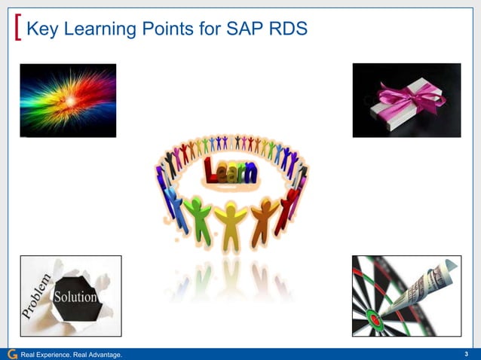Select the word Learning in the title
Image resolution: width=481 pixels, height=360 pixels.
97,29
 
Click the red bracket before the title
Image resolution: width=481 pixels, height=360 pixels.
17,29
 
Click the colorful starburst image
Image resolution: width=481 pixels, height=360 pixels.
68,100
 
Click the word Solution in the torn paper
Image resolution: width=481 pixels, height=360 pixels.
75,297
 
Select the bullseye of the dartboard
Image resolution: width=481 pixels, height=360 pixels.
372,315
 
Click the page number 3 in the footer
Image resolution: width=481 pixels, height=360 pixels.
467,354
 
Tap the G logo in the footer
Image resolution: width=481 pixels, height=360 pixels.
11,354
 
